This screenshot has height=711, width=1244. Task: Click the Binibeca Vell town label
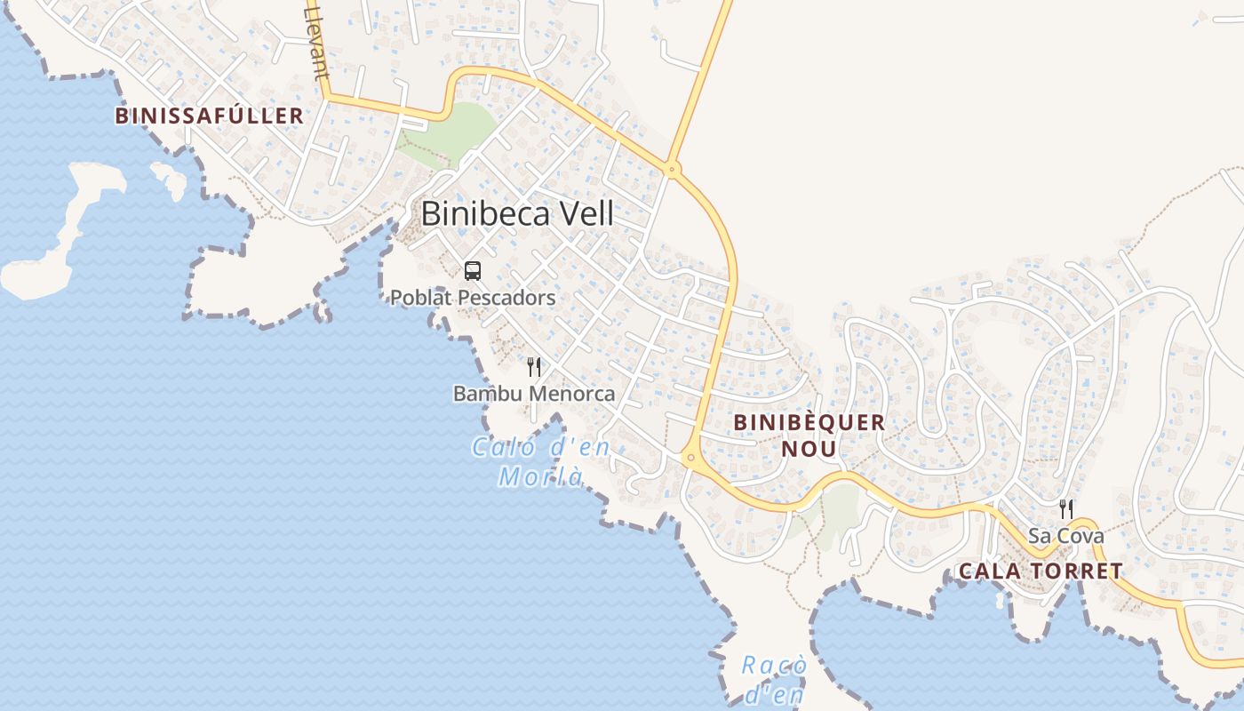[517, 213]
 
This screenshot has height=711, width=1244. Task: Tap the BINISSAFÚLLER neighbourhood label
[210, 116]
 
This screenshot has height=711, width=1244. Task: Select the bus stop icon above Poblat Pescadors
[473, 271]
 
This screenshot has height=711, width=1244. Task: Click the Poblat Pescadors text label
[473, 298]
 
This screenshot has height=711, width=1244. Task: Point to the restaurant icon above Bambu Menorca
[534, 367]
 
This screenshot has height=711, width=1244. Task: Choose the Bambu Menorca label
[534, 393]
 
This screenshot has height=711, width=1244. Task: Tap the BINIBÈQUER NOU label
[809, 435]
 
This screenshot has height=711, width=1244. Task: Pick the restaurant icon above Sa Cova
[1066, 509]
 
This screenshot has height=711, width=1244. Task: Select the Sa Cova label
[1066, 536]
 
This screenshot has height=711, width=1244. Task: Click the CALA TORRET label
[1041, 571]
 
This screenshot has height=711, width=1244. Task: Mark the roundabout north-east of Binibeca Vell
[673, 168]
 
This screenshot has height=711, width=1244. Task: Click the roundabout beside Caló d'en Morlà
[690, 458]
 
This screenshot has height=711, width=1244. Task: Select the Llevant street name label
[315, 40]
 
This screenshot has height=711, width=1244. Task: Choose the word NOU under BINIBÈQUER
[809, 449]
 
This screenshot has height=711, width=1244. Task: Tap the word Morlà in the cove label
[541, 477]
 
